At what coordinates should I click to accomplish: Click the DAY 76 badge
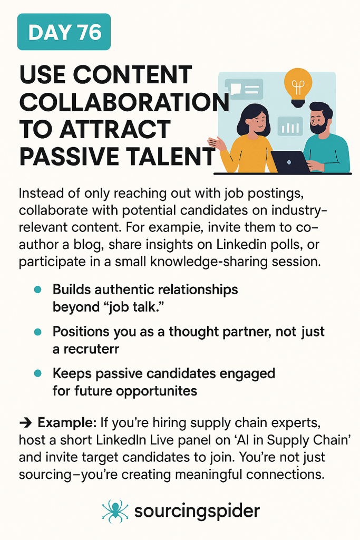(64, 32)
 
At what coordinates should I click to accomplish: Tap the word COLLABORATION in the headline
(124, 102)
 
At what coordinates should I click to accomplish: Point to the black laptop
(291, 162)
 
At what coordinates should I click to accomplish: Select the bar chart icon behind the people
(290, 126)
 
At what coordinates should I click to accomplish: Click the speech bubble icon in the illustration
(244, 89)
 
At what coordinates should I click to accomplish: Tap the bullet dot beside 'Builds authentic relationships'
(38, 290)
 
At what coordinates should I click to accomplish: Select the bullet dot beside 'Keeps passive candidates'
(38, 373)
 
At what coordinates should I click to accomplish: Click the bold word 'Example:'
(67, 422)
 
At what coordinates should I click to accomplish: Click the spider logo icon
(115, 511)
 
